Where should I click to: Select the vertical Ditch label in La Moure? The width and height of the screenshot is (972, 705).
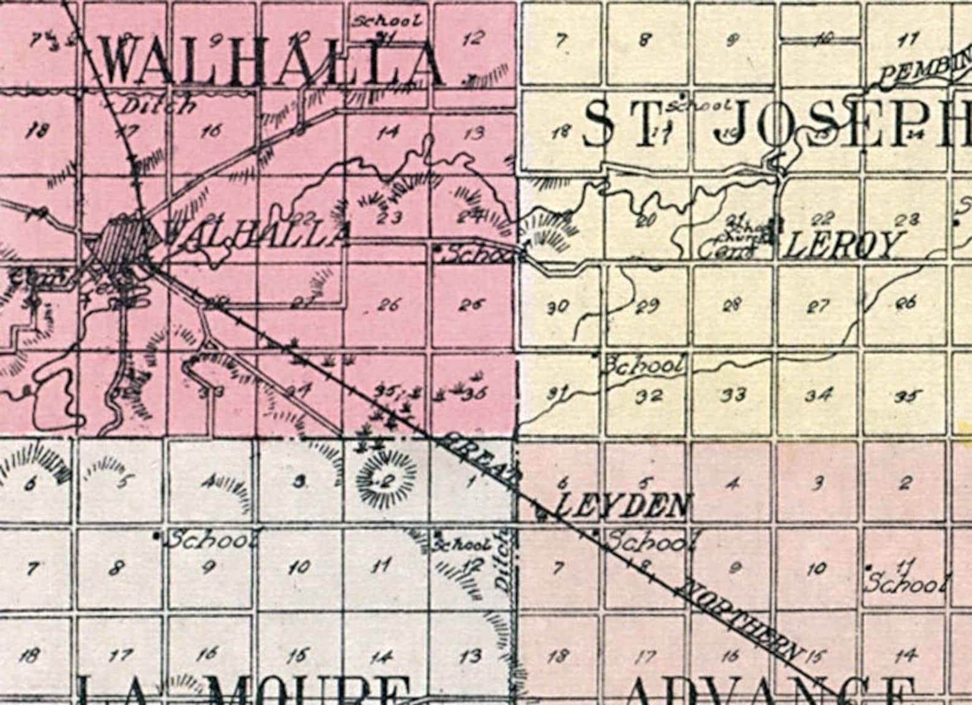[503, 560]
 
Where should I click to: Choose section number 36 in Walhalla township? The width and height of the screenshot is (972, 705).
[474, 392]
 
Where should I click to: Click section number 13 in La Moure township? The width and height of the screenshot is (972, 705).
[471, 657]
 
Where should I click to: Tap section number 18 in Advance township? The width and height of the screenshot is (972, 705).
[556, 657]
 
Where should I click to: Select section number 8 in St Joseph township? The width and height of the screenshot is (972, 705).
[645, 40]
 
